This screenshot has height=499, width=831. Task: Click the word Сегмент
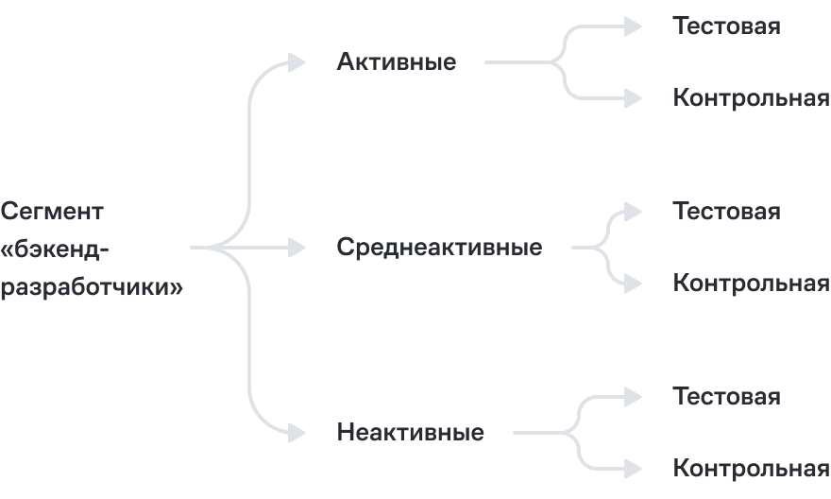[54, 211]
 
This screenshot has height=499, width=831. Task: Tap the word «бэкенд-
[56, 249]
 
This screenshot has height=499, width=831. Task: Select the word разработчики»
[92, 286]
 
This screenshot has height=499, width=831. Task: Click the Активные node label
[396, 62]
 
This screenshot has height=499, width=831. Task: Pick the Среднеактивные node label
[439, 248]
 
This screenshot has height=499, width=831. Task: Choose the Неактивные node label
[410, 433]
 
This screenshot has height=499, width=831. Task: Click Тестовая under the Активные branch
[726, 26]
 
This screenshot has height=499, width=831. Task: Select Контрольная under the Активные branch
[751, 98]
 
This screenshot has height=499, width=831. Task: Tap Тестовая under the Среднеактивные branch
[726, 211]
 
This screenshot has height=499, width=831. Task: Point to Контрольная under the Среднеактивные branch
[751, 284]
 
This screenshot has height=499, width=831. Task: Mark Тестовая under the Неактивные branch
[726, 396]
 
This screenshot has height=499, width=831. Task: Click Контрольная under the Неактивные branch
[751, 469]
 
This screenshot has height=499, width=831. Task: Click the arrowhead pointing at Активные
[297, 62]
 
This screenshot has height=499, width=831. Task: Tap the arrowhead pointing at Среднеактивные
[297, 248]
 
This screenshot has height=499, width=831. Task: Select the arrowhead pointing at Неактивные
[297, 433]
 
